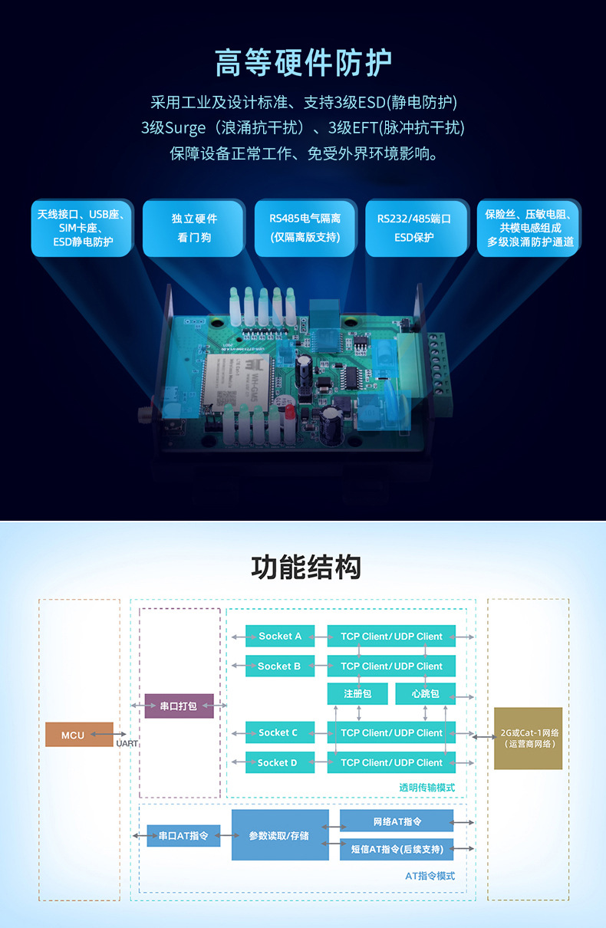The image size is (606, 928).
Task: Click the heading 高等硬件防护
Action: tap(303, 63)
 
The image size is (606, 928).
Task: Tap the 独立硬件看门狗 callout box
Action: tap(194, 228)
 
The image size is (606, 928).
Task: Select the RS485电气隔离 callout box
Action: tap(305, 228)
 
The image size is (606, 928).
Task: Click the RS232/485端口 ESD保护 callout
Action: tap(414, 228)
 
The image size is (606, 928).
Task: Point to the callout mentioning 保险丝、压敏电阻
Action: tap(529, 228)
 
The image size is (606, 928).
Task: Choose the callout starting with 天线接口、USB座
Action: tap(82, 228)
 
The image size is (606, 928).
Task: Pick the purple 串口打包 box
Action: tap(179, 706)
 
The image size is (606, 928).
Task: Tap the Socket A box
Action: tap(280, 636)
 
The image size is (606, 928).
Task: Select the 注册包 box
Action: tap(357, 693)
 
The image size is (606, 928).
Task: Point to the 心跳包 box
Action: tap(425, 693)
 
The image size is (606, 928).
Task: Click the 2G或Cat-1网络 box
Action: tap(529, 738)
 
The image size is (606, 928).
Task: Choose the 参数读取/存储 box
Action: tap(280, 835)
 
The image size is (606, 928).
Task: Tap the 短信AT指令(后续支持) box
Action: tap(397, 849)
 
